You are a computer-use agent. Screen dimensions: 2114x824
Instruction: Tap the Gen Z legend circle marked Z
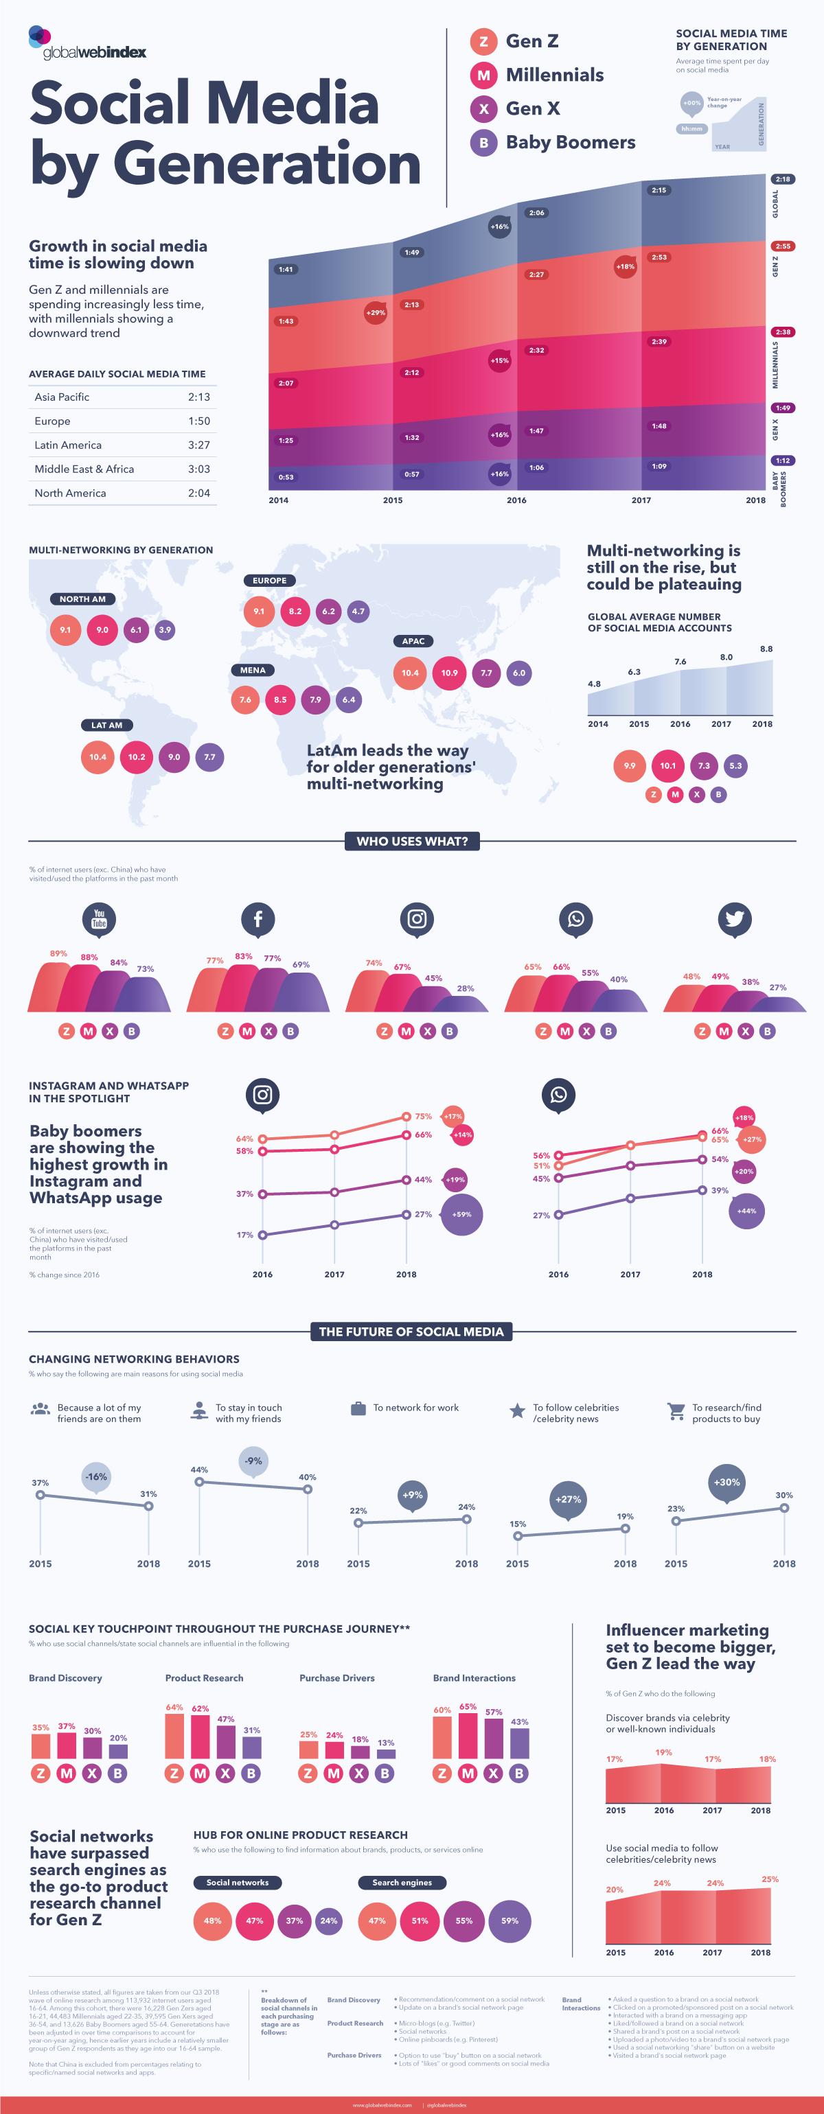pos(483,41)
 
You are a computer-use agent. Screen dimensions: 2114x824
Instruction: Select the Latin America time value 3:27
pos(198,445)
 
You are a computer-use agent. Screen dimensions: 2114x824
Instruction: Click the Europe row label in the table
pos(52,421)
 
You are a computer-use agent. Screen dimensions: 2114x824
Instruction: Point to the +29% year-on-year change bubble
pos(374,313)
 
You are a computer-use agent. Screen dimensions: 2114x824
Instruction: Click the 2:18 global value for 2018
pos(782,179)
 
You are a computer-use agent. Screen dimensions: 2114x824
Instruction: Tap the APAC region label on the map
pos(413,641)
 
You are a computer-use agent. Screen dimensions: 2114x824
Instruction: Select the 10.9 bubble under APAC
pos(449,673)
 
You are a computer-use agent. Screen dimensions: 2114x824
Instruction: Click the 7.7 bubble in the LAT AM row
pos(209,756)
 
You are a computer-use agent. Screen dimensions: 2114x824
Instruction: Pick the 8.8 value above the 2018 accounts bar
pos(766,649)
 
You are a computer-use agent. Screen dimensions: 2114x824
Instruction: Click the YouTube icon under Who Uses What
pos(100,919)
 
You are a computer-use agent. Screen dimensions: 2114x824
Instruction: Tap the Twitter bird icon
pos(734,919)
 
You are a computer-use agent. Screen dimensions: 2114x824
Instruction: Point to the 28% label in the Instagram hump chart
pos(466,988)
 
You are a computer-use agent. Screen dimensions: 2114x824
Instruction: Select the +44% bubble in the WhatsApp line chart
pos(746,1211)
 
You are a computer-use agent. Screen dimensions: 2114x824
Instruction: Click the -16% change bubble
pos(96,1476)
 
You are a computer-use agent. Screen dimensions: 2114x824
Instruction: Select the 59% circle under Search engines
pos(510,1920)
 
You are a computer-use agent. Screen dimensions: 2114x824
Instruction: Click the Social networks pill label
pos(237,1882)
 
